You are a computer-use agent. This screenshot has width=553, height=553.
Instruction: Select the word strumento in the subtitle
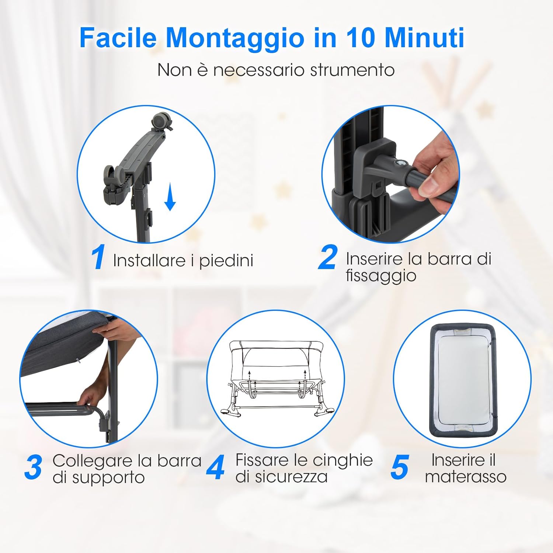point(352,70)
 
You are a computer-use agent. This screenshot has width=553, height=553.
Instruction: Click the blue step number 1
point(98,258)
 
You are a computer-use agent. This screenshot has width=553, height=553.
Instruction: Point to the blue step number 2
point(327,258)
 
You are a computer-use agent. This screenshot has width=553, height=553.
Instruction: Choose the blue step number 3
point(34,467)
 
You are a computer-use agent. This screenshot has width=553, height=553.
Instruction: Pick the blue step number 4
point(216,467)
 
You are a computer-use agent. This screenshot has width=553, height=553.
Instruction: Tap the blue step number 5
point(400,467)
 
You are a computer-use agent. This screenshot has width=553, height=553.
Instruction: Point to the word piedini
point(226,261)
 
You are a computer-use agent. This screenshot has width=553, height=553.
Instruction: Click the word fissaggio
point(381,276)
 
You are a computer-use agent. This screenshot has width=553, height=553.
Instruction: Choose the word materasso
point(466,477)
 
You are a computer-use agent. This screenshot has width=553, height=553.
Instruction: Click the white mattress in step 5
point(462,380)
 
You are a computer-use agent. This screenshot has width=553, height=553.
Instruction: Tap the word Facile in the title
point(118,38)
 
